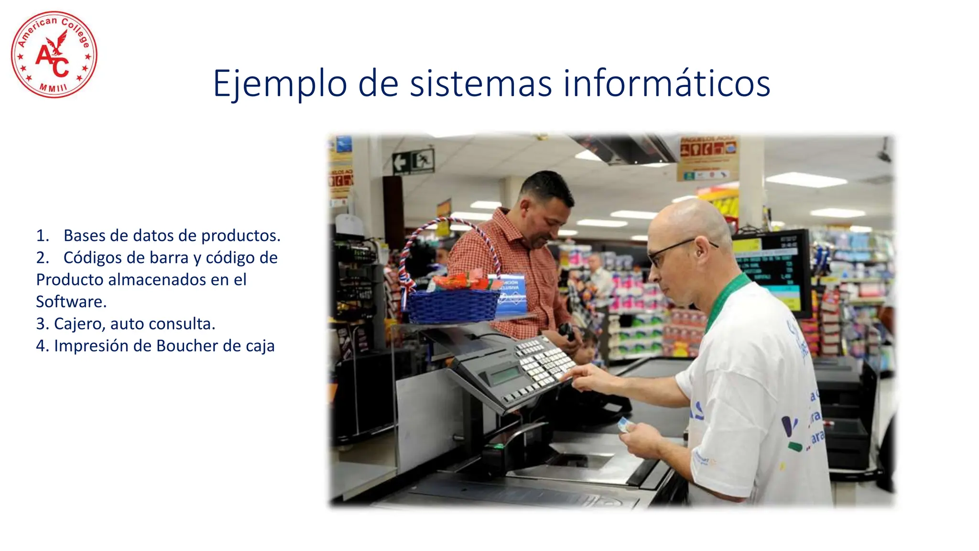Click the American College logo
click(54, 55)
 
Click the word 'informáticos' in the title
click(666, 84)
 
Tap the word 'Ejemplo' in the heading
click(280, 84)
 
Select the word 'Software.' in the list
click(71, 302)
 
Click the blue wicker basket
click(452, 305)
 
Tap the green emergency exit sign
click(413, 161)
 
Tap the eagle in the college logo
click(59, 42)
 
